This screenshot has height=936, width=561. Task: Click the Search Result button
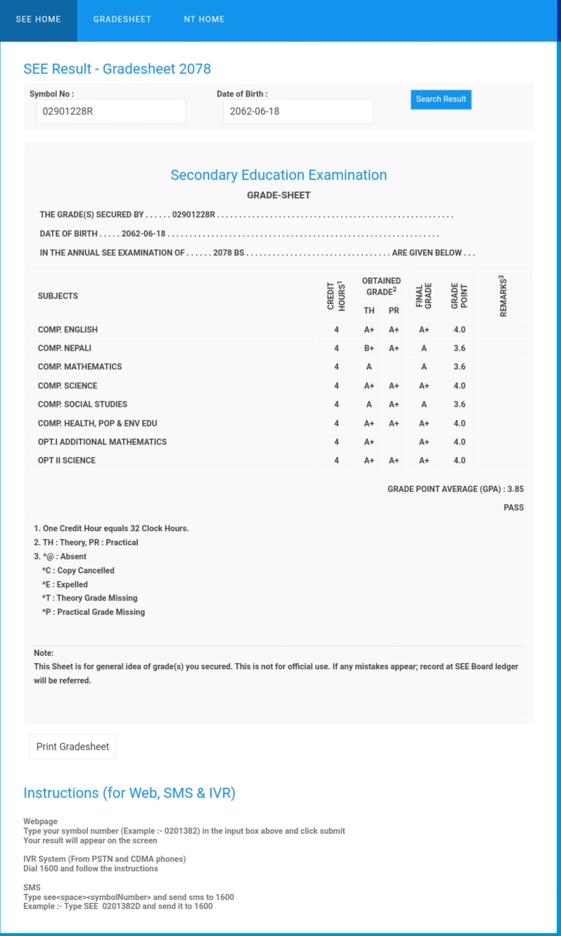point(440,99)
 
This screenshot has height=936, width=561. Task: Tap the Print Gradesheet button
point(73,746)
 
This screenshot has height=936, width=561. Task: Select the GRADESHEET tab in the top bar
point(122,20)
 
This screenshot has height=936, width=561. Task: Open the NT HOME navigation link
point(204,20)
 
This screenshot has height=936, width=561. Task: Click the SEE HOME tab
point(38,20)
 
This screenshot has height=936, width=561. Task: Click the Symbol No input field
point(111,111)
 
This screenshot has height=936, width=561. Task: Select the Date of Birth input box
point(297,111)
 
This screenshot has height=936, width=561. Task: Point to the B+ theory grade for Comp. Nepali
point(369,348)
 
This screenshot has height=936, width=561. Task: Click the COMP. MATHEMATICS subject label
point(80,366)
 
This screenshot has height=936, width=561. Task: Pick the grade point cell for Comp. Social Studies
point(459,404)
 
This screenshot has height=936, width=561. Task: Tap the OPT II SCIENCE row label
point(67,460)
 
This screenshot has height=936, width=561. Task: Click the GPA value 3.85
point(516,489)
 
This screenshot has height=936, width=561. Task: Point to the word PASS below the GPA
point(513,507)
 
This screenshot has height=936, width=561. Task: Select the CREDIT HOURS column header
point(336,296)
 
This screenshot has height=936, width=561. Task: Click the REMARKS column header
point(503,296)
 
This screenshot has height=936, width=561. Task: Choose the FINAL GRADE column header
point(424,296)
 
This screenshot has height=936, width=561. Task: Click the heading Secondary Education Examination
point(278,175)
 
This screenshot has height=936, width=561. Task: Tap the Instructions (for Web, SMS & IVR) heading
point(129,793)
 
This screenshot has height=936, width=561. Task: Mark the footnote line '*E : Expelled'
point(65,584)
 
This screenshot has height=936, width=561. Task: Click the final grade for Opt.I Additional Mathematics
point(424,442)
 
